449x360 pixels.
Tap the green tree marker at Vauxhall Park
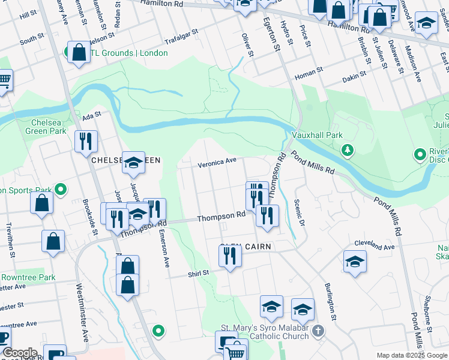coord(347,149)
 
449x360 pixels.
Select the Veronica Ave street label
coord(217,162)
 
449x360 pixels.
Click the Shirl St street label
coord(197,272)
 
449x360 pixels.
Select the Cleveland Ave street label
coord(374,246)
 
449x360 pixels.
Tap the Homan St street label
coord(309,73)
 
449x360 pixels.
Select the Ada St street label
coord(90,115)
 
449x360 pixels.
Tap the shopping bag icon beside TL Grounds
coord(79,52)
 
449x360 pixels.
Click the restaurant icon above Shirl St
coord(229,256)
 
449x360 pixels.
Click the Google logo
coord(20,353)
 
